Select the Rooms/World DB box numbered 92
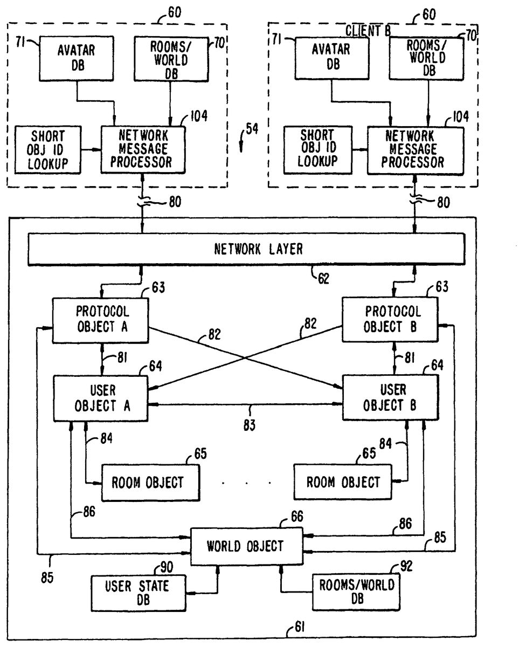(356, 591)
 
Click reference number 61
(300, 627)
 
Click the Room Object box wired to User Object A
(147, 482)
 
